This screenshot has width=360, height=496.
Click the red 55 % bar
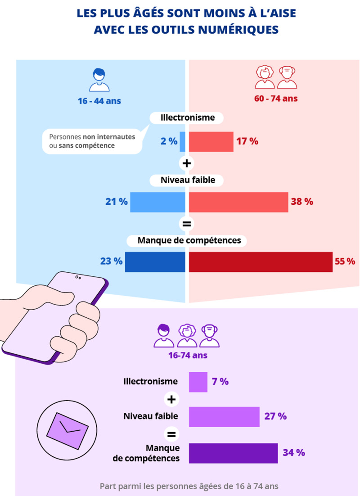coord(261,262)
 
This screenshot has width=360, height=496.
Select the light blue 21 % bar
coord(157,202)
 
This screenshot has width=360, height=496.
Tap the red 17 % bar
coord(211,141)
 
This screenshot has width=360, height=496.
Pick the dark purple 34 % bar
coord(233,453)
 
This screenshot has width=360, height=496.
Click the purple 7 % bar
coord(198,382)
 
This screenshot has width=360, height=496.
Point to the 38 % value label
coord(302,202)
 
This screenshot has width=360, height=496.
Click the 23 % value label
coord(112,261)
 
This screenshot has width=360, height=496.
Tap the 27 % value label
coord(275,416)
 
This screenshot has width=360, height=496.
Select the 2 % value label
coord(169,141)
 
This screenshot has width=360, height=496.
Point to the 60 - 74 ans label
coord(276,99)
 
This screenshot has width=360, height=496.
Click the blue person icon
coord(99,80)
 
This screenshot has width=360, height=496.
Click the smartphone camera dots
coord(78,277)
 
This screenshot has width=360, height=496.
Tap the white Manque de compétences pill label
coord(189,241)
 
